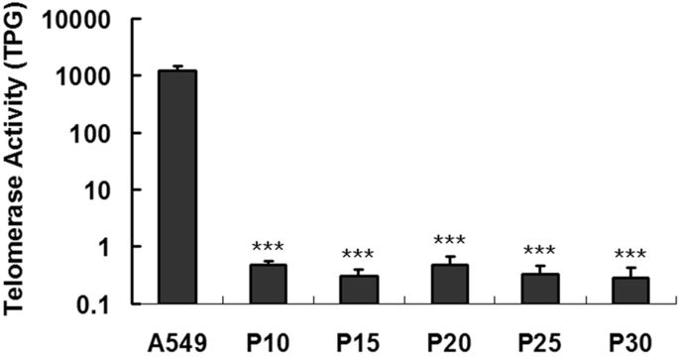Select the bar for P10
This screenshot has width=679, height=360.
(268, 284)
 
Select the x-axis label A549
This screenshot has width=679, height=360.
(178, 337)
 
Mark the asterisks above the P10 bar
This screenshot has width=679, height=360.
(268, 246)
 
